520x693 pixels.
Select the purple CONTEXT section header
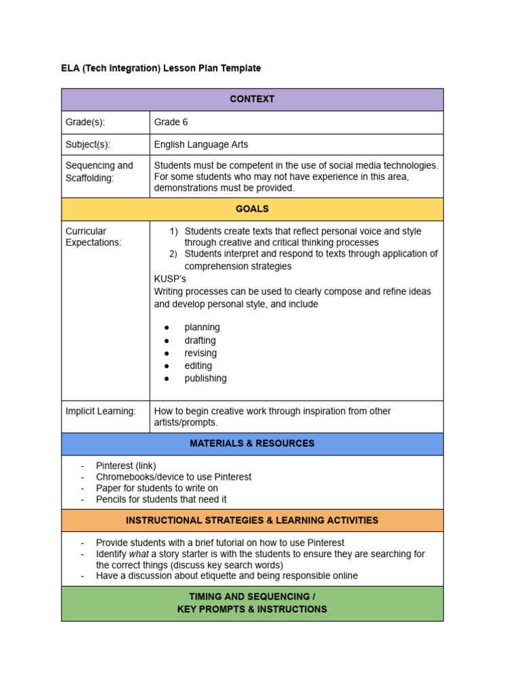coord(252,99)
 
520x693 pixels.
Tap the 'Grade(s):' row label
coord(85,122)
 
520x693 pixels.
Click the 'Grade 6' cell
coord(171,122)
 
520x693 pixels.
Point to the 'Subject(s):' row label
coord(87,145)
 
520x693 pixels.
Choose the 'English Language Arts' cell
coord(201,145)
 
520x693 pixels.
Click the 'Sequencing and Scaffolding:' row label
coord(99,172)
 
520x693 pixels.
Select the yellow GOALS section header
coord(252,209)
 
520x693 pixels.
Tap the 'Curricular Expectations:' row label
coord(93,237)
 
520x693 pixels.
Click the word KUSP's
coord(170,279)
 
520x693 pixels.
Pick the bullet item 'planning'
coord(202,328)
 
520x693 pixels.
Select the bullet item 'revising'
coord(200,353)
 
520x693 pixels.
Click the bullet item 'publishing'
coord(205,378)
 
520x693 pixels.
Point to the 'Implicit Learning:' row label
coord(100,411)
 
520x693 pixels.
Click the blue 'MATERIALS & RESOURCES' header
coord(252,444)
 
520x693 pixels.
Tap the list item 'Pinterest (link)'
coord(126,466)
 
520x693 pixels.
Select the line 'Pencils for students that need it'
coord(161,499)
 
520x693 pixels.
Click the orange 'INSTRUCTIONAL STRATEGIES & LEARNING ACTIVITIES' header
coord(252,520)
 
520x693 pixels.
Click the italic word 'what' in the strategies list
coord(138,554)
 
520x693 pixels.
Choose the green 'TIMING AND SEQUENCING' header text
coord(252,597)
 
